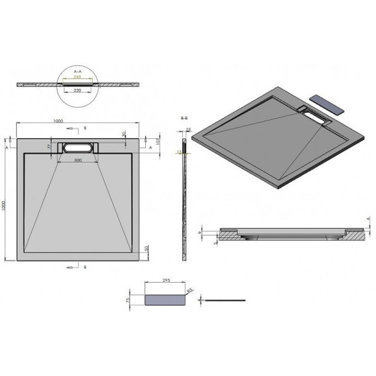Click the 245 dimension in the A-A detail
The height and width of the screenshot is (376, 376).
tap(78, 76)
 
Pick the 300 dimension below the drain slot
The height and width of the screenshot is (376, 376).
tap(78, 159)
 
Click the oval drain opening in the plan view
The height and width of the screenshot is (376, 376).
tap(78, 147)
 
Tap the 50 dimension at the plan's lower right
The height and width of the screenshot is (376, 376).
tap(147, 250)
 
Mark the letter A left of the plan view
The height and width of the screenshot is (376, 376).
tap(7, 148)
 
